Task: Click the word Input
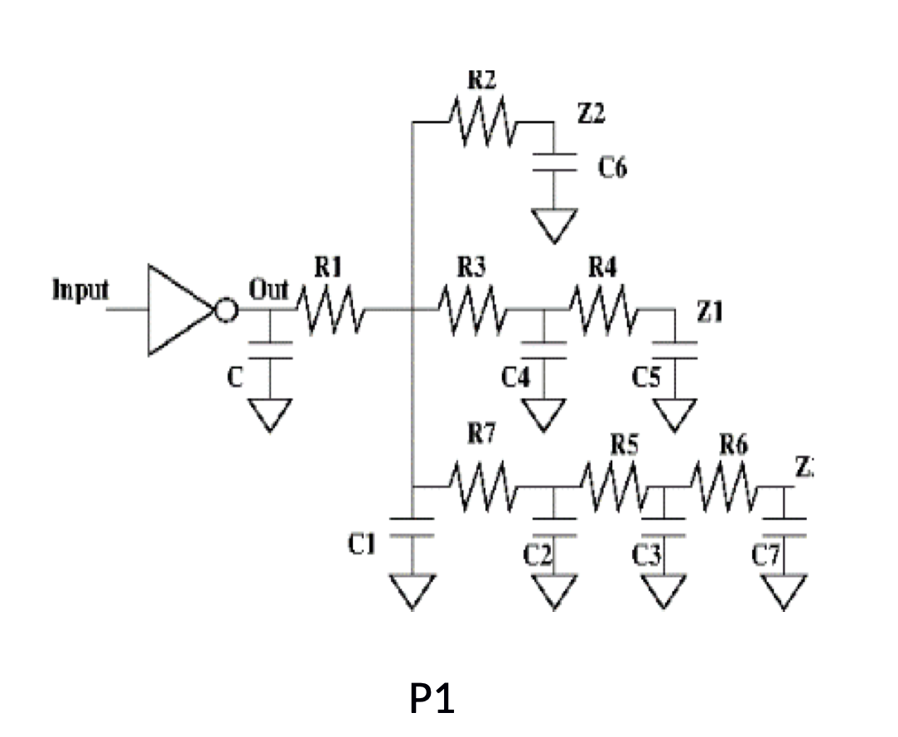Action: (80, 291)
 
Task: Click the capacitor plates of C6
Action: (550, 165)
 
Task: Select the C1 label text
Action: (363, 543)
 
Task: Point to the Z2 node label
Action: (591, 115)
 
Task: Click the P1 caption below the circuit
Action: (432, 700)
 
